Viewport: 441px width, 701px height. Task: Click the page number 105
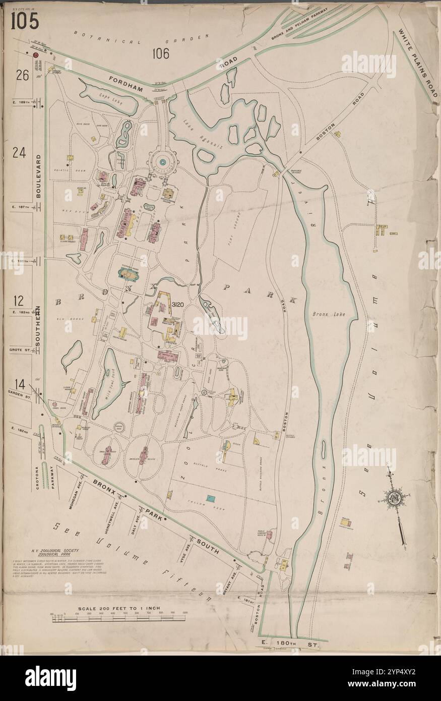[x=25, y=21]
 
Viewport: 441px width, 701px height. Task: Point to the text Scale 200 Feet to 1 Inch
[x=119, y=608]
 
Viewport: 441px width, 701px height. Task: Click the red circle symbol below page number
[x=36, y=55]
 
